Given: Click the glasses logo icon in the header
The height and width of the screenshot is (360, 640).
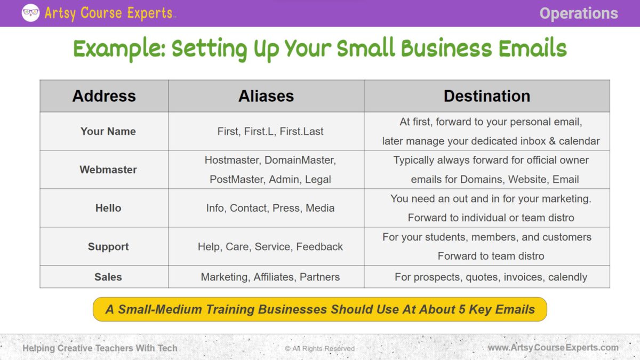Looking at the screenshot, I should coord(30,13).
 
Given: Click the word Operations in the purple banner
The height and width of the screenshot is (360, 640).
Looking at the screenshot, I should coord(578,13).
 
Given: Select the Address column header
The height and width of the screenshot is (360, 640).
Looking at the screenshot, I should coord(104,96).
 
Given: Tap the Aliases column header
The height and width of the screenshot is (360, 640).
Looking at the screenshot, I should coord(266,96).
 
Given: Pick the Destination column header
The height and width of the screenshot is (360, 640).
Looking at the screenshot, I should coord(486,96).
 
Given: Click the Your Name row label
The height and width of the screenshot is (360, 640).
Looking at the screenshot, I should coord(108,131).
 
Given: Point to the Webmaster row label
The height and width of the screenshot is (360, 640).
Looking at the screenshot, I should coord(108,170).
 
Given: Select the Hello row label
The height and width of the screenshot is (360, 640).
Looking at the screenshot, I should coord(108,208).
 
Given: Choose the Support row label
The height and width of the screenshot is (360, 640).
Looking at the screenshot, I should coord(108,246).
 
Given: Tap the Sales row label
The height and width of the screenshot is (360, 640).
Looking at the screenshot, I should coord(108,277).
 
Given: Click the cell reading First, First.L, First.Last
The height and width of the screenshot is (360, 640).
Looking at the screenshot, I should coord(270,131).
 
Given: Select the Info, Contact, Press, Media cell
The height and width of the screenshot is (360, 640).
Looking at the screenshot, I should coord(270,208).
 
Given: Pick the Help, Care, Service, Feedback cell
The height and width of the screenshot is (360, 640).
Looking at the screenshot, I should coord(270,246).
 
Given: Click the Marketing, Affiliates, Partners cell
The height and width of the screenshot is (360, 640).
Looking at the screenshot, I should coord(270,277).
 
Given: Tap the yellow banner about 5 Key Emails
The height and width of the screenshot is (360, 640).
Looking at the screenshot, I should coord(320,309).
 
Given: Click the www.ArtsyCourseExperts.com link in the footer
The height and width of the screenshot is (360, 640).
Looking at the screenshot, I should coord(553,348).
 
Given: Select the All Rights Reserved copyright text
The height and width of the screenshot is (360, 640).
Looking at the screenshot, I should coord(319,348).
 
